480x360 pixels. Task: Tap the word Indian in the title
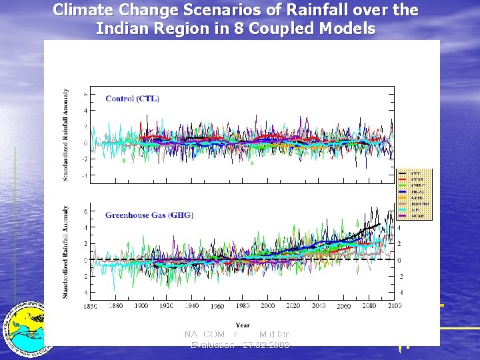click(122, 29)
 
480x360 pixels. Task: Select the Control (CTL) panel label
click(132, 99)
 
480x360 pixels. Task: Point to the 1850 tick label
click(90, 306)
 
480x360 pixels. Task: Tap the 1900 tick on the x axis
click(141, 306)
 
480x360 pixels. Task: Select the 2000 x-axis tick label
click(267, 306)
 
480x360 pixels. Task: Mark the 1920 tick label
click(166, 306)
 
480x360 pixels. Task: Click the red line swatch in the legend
click(402, 179)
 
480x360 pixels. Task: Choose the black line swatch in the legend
click(402, 173)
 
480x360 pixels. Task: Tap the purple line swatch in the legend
click(402, 216)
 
